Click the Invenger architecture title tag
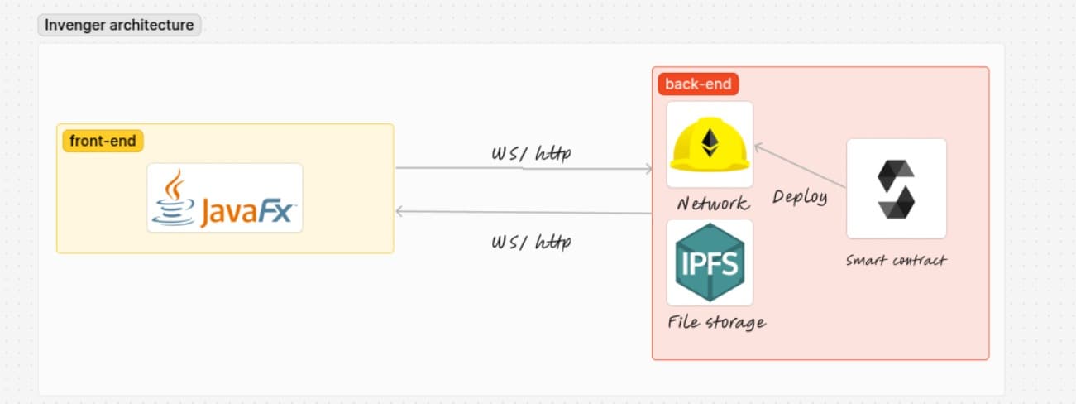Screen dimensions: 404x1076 click(x=119, y=25)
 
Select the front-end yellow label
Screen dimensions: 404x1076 click(x=103, y=141)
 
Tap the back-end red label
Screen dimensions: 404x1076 click(x=698, y=84)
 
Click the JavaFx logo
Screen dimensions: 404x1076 click(x=225, y=198)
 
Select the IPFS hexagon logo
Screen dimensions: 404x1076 click(x=710, y=262)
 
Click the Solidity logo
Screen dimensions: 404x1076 click(x=896, y=189)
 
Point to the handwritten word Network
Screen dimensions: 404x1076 click(x=712, y=204)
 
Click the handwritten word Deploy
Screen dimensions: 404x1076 click(x=799, y=197)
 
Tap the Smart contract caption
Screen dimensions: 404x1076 click(x=896, y=260)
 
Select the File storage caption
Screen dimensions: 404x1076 click(x=716, y=322)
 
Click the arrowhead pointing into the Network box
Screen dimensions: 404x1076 click(x=649, y=169)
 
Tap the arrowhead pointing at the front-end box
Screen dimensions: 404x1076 click(x=400, y=211)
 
